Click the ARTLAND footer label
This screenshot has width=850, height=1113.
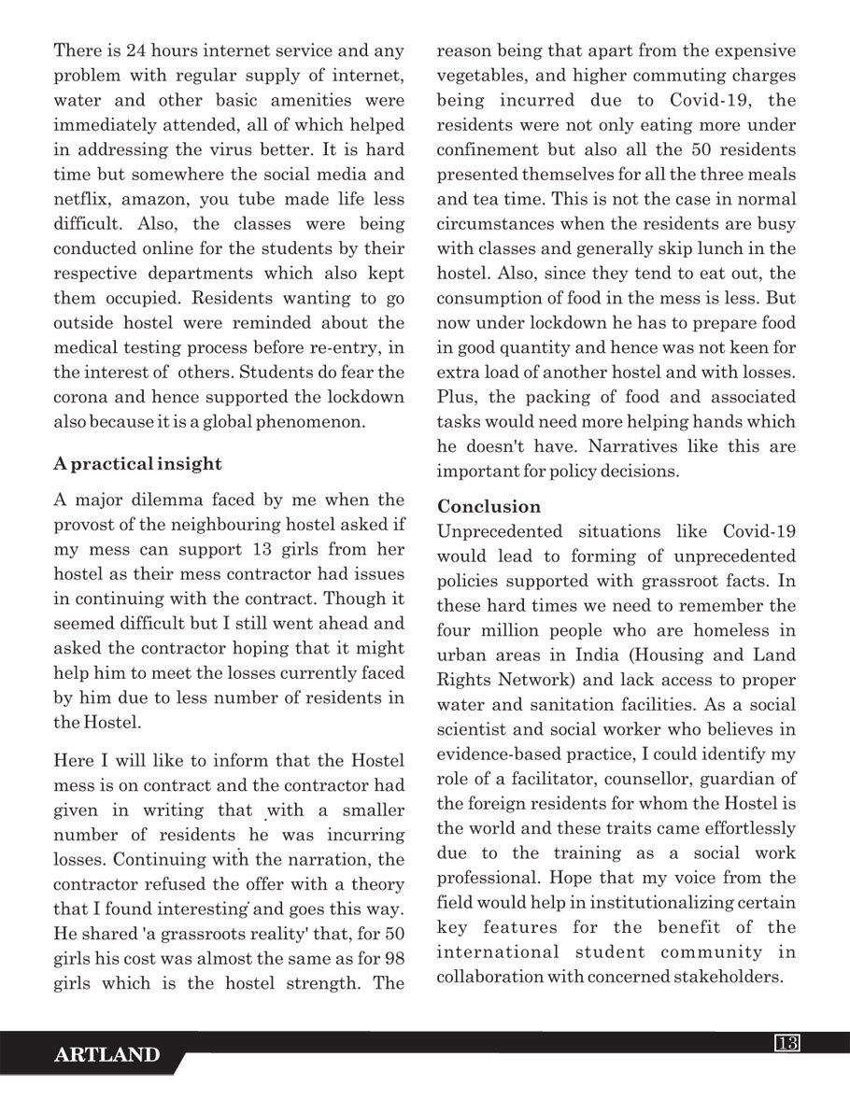pos(106,1056)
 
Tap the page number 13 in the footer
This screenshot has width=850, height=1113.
pos(786,1043)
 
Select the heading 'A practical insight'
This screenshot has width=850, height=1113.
pos(137,463)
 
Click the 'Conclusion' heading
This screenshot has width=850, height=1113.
pos(489,506)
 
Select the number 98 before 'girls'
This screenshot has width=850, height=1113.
pos(392,958)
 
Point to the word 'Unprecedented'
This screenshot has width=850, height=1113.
pos(493,531)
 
